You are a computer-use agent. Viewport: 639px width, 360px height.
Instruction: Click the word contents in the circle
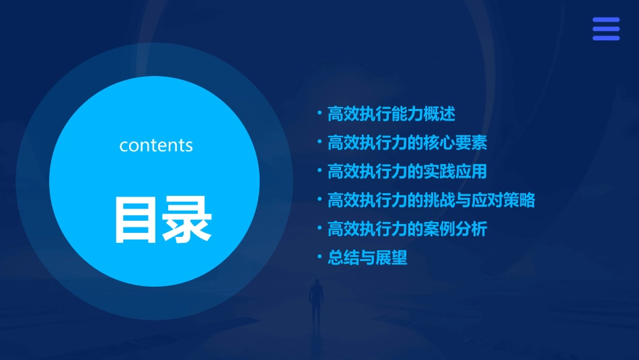[156, 145]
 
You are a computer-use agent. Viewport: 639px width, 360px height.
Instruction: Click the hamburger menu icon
[605, 29]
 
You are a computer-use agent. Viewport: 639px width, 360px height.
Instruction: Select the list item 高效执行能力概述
[391, 114]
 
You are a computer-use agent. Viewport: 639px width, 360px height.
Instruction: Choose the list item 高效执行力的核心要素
[406, 143]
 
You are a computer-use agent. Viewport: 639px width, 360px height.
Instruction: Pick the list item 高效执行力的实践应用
[406, 172]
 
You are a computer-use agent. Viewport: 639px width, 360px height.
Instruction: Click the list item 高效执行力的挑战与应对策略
[430, 201]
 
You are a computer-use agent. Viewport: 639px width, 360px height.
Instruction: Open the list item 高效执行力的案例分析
[406, 229]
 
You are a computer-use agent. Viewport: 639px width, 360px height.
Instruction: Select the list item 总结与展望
[367, 258]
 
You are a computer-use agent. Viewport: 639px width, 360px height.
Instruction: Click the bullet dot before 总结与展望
[319, 257]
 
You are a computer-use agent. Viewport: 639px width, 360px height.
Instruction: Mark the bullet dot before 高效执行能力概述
[319, 113]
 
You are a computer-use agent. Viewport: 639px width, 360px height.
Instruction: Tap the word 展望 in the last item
[391, 258]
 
